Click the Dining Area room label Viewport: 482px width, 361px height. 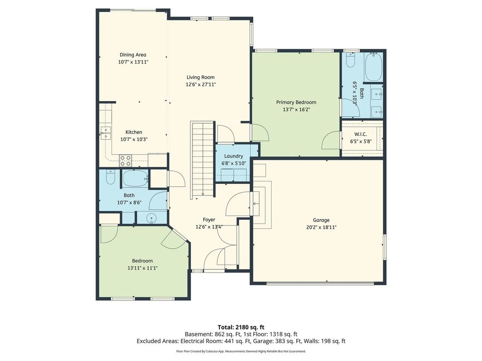point(133,55)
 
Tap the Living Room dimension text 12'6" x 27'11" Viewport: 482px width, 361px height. point(201,84)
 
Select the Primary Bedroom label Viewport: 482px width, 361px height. point(296,102)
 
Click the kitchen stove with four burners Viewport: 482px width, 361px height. point(125,161)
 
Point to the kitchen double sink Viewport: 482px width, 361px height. point(106,133)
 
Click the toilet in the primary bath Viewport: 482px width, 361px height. point(350,60)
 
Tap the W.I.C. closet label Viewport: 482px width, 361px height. point(360,134)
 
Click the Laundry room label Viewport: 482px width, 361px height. point(233,156)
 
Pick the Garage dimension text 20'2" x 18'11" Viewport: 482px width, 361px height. point(321,227)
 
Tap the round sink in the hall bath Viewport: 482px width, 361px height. point(151,218)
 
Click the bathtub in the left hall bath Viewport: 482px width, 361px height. point(135,178)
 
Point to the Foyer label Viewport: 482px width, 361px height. point(209,220)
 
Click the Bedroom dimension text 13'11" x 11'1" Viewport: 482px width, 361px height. point(142,268)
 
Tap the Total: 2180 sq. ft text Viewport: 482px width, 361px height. point(241,327)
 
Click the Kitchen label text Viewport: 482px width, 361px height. point(134,132)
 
